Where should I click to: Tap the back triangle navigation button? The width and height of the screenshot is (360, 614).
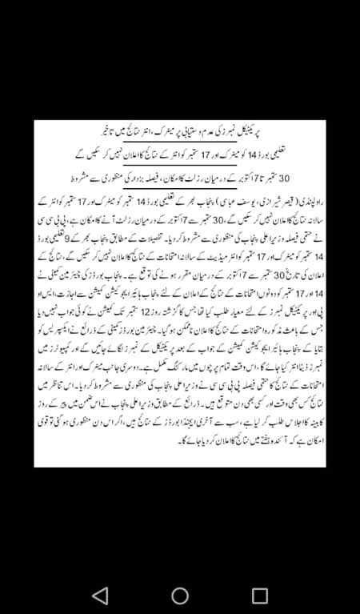tap(100, 595)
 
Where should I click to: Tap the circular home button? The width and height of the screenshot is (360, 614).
tap(180, 595)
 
